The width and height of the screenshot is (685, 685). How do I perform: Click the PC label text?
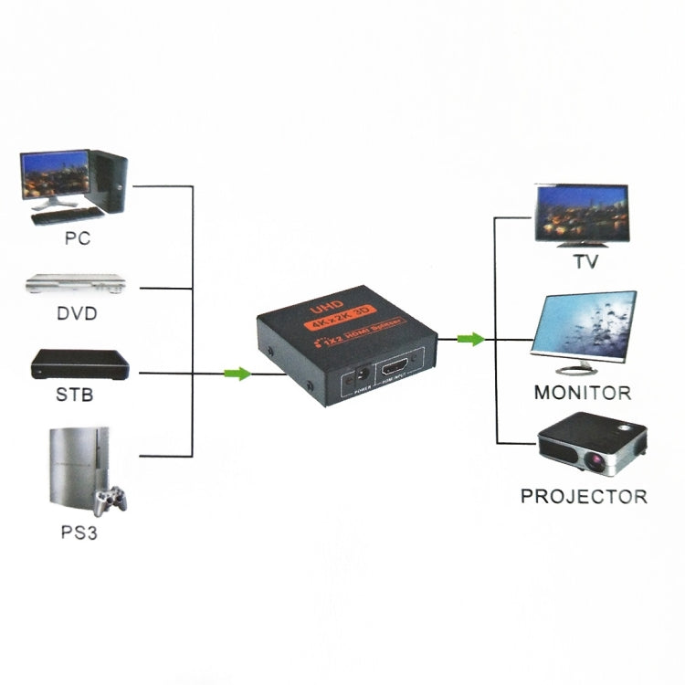tap(78, 240)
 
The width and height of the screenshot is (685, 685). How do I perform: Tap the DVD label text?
tap(77, 314)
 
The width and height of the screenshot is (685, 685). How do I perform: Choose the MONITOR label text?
tap(583, 394)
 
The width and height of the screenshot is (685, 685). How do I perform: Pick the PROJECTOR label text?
tap(584, 497)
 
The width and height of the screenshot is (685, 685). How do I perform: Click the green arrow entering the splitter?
tap(237, 373)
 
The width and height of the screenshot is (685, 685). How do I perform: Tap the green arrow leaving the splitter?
tap(470, 340)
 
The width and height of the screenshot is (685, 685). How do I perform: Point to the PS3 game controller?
tap(111, 500)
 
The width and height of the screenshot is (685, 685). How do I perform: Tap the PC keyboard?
tap(67, 216)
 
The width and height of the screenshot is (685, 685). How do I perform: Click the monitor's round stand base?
tap(580, 371)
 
